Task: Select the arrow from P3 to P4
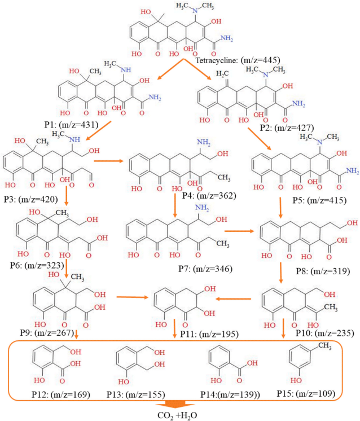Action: (108, 161)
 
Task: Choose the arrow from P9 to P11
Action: (133, 296)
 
